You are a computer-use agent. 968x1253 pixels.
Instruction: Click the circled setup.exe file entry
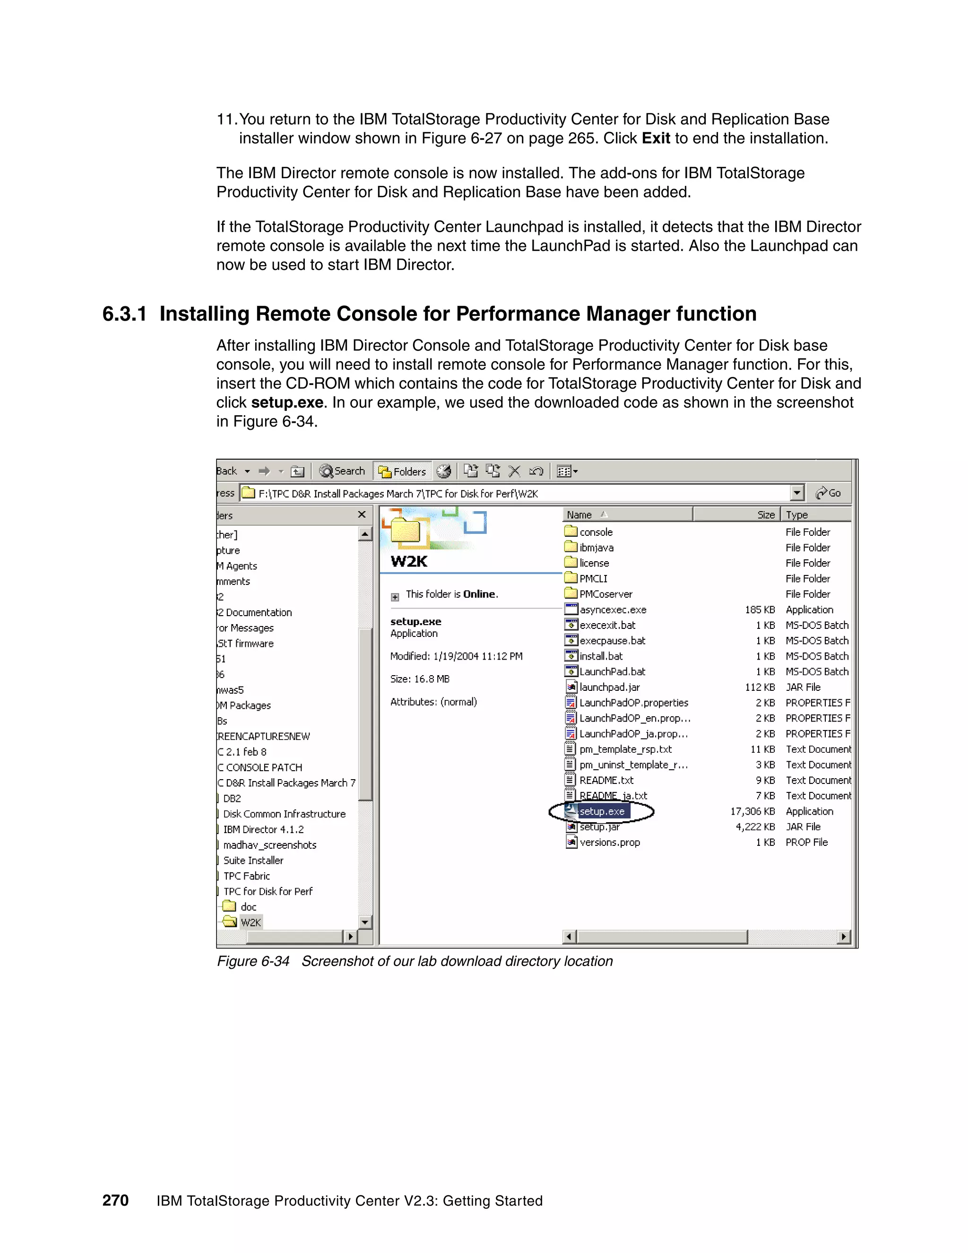point(601,811)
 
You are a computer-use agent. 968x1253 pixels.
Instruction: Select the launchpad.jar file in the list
point(609,687)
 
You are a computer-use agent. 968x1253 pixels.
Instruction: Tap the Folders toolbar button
point(403,471)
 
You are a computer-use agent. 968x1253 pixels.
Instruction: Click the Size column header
point(765,514)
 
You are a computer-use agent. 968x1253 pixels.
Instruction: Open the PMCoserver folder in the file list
point(605,594)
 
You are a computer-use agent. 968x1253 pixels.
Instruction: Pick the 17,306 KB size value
point(752,811)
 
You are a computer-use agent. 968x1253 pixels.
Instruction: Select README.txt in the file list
point(606,780)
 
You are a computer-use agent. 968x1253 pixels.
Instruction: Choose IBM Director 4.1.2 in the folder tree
point(263,830)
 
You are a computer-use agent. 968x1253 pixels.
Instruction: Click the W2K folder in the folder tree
point(251,922)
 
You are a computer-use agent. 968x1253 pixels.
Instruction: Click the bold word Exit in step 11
point(656,138)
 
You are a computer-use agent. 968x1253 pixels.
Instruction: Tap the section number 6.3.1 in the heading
point(124,314)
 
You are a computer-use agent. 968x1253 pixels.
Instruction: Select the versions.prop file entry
point(609,842)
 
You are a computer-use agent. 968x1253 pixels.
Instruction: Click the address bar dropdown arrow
point(796,493)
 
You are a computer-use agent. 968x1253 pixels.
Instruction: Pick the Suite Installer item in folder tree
point(253,861)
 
